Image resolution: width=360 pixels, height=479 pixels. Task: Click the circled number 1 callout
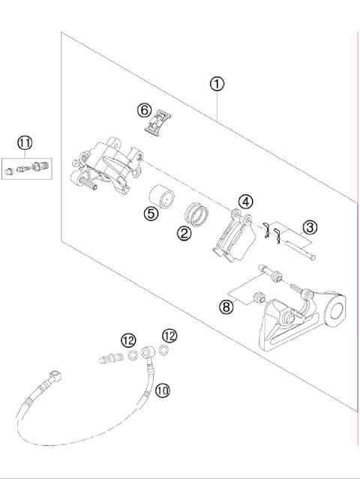tap(217, 84)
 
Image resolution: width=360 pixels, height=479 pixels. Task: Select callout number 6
tap(145, 110)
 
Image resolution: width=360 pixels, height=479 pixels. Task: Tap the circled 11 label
tap(25, 142)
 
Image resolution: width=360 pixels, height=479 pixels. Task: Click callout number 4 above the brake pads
tap(246, 201)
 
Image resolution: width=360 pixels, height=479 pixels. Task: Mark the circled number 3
tap(307, 226)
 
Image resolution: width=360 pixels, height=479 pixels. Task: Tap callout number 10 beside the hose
tap(163, 389)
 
